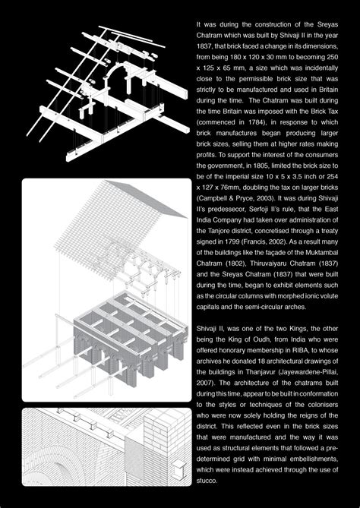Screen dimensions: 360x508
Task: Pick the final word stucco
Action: tap(206, 481)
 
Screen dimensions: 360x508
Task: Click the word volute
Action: tap(330, 296)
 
